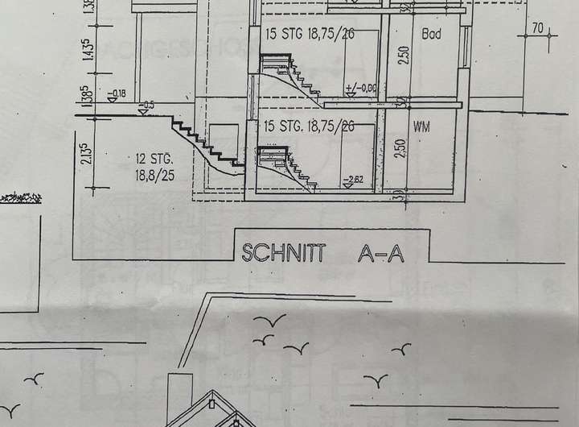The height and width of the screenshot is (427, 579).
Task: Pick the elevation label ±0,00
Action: (x=359, y=87)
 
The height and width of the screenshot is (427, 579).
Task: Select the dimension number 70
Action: (x=537, y=29)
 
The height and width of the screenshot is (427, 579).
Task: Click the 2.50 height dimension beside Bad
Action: (x=404, y=56)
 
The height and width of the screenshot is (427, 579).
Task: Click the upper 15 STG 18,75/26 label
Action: (x=309, y=34)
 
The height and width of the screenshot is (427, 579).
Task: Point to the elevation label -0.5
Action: (x=147, y=105)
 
